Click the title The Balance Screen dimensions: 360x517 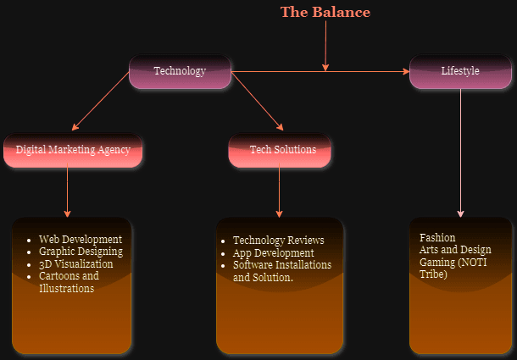coord(325,13)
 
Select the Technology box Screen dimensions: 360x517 coord(180,71)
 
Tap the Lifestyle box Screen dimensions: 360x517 coord(460,71)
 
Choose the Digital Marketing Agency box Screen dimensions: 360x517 coord(73,150)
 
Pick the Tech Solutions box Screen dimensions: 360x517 coord(282,150)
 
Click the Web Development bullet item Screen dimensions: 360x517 coord(81,240)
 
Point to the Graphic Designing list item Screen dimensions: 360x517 coord(81,252)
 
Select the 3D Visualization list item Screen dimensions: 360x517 coord(75,264)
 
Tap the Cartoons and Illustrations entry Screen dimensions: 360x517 coord(69,282)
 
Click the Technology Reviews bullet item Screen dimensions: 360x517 coord(279,241)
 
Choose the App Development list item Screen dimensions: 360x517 coord(273,253)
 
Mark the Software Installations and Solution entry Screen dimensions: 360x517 coord(281,271)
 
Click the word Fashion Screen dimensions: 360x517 coord(437,238)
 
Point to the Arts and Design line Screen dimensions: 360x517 coord(455,250)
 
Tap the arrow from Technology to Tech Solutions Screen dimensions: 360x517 coord(258,102)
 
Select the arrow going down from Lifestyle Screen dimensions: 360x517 coord(461,152)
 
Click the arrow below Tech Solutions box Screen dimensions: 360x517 coord(279,191)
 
